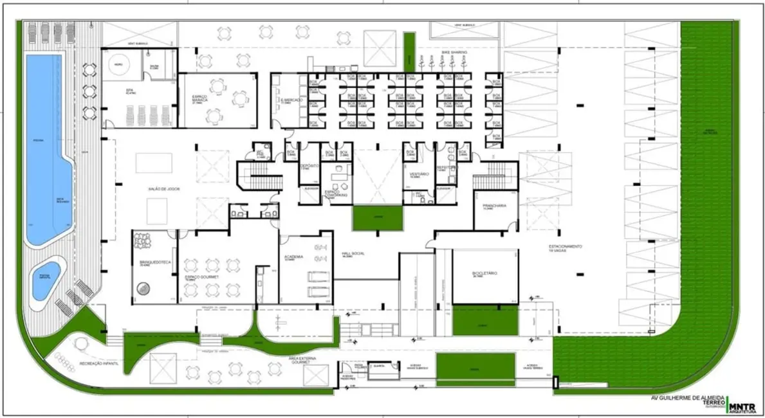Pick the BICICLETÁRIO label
click(484, 273)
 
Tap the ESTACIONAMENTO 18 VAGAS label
click(566, 248)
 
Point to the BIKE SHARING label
click(454, 51)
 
